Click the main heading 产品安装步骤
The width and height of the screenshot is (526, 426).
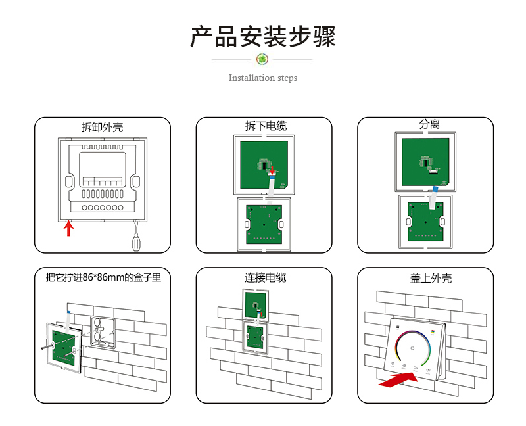point(263,37)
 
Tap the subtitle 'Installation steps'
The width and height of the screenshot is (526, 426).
point(262,78)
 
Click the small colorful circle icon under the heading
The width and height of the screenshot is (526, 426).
point(262,59)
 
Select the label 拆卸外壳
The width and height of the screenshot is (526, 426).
point(103,127)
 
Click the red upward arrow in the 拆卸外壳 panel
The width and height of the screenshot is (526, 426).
point(69,228)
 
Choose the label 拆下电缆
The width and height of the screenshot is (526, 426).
point(266,126)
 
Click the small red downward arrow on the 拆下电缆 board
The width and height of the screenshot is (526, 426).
point(272,170)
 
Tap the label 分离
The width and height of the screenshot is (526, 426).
point(429,124)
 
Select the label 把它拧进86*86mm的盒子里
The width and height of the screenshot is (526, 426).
point(104,277)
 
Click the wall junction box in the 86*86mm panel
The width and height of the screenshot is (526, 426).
point(103,331)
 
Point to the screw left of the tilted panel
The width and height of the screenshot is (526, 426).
point(47,346)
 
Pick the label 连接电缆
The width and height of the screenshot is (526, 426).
point(266,278)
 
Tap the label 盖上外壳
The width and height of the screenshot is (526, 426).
point(431,278)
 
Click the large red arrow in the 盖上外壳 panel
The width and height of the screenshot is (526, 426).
point(398,379)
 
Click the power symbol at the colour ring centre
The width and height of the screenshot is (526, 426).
point(412,348)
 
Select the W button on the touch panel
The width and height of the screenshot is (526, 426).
point(428,371)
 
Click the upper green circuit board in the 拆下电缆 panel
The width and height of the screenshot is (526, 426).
point(264,165)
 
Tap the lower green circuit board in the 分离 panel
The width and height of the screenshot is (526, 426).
point(425,222)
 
